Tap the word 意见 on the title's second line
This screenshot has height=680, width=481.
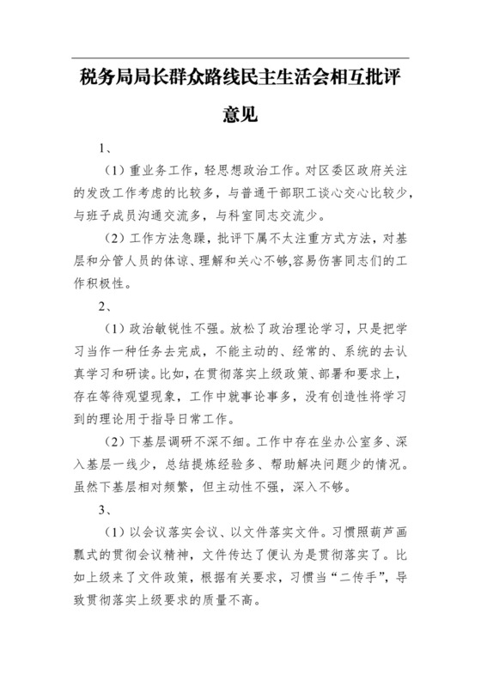tap(240, 114)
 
